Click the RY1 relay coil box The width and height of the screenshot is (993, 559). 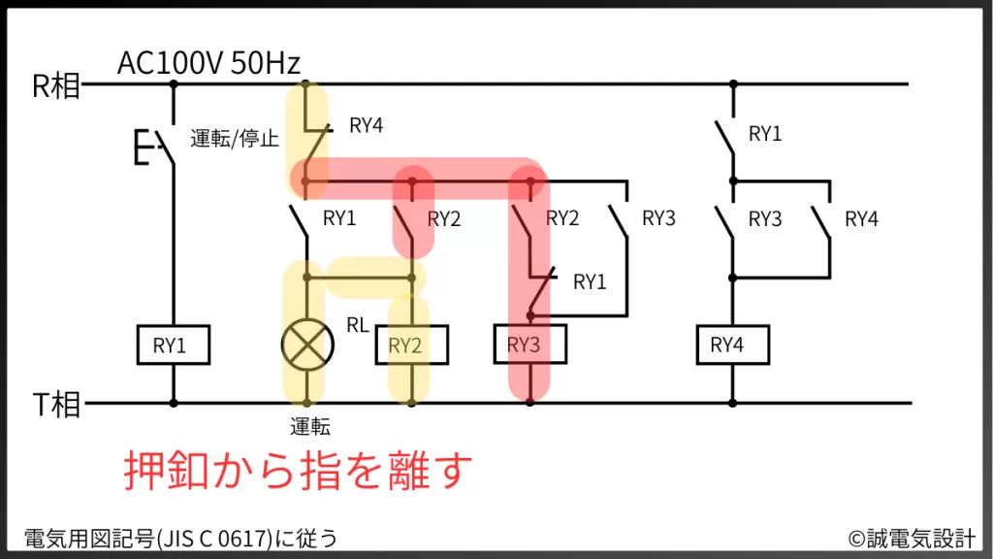point(174,345)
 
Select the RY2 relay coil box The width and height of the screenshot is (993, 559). point(411,345)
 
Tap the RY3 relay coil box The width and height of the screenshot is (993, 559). point(529,345)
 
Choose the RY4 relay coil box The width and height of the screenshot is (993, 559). point(732,345)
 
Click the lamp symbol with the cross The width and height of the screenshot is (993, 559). point(306,345)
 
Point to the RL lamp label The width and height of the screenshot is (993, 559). point(358,325)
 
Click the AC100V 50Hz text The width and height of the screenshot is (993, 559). point(208,64)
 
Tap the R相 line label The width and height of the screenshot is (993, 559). point(55,86)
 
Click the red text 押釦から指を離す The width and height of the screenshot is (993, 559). point(299,472)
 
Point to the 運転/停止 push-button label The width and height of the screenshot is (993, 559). point(235,139)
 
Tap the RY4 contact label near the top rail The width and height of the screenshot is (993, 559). point(367,125)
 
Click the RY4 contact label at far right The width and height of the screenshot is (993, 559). point(861,219)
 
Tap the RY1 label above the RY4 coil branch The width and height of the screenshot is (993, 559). point(765,135)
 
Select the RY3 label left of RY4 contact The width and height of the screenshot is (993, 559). point(765,219)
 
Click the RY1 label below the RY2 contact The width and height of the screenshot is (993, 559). point(590,282)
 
